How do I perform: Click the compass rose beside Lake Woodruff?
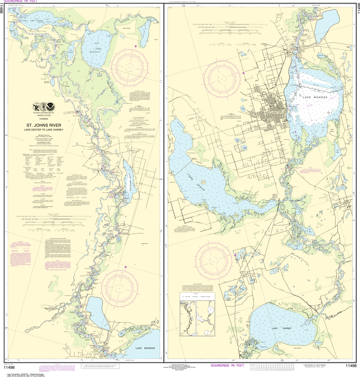coord(132,62)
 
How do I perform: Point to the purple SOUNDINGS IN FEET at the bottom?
coord(227,366)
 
